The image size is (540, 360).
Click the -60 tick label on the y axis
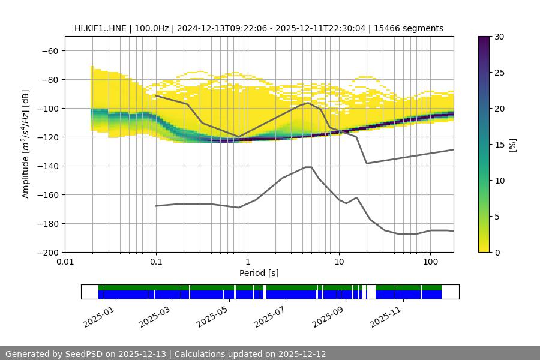[x=49, y=50]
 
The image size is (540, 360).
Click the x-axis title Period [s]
[x=259, y=273]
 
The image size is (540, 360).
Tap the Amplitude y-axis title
[x=26, y=144]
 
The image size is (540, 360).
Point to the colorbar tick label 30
[x=499, y=37]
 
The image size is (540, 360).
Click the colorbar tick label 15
[x=499, y=145]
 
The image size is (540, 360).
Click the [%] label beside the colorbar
[x=512, y=145]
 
